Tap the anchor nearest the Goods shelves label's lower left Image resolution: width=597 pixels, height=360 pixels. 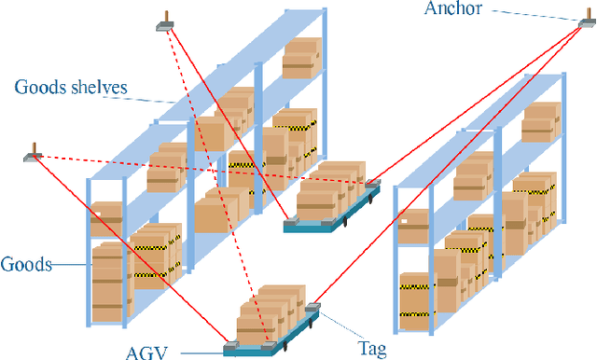[35, 154]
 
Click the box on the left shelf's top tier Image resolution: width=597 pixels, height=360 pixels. [302, 58]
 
